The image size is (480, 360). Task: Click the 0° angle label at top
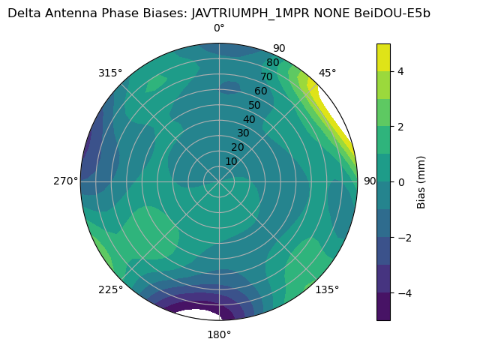pos(219,28)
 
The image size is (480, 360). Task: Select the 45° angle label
pos(327,73)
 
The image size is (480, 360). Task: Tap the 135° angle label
pos(327,289)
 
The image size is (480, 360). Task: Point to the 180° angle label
pos(219,334)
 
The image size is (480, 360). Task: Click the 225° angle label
pos(110,289)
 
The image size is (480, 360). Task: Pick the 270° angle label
pos(65,181)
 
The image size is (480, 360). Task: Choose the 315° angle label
pos(110,73)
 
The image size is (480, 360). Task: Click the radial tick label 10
pos(231,161)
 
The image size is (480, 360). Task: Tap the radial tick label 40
pos(249,119)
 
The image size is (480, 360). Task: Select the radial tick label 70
pos(266,77)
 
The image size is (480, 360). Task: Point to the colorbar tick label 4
pos(400,71)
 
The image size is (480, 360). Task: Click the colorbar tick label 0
pos(400,182)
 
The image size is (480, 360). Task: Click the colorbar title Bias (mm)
pos(421,182)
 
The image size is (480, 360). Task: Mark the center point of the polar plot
pos(219,181)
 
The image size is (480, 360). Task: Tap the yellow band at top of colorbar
pos(384,57)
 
